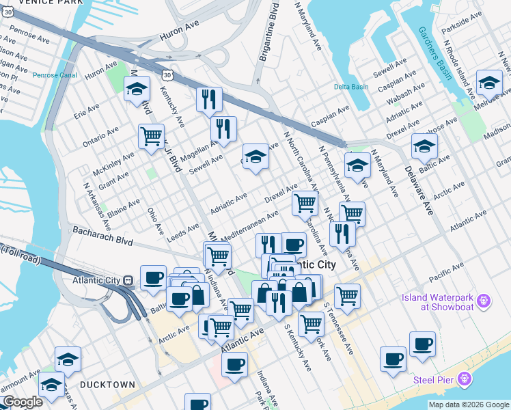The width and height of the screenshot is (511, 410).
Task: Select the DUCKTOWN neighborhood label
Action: point(107,385)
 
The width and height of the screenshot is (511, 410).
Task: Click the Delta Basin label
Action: point(351,87)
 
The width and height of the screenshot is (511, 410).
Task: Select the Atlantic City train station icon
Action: point(128,280)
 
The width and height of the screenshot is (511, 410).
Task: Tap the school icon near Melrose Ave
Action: point(489,83)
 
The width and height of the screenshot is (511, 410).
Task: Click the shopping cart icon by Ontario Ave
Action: point(151,135)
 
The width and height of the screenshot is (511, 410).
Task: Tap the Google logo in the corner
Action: point(23,402)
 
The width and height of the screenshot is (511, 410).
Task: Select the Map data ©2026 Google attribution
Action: point(468,405)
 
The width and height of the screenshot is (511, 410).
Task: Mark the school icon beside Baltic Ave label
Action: point(424,146)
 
